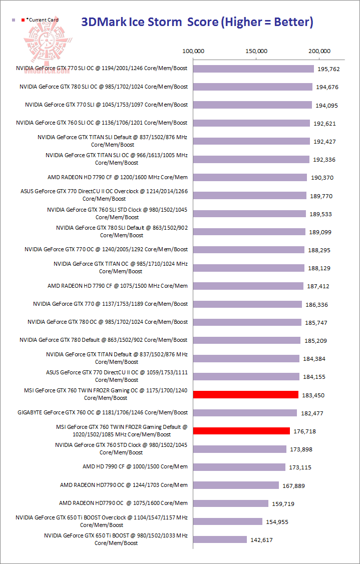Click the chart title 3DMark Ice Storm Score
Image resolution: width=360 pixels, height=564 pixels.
197,22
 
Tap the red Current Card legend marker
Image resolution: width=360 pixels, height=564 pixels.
23,20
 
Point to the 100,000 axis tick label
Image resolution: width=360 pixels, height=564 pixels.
193,51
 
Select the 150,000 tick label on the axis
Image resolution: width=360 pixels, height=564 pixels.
256,51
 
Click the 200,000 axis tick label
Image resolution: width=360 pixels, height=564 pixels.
319,51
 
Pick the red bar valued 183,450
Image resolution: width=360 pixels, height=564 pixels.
245,395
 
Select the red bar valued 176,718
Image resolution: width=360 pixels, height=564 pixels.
241,431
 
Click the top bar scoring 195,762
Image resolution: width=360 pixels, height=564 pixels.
253,69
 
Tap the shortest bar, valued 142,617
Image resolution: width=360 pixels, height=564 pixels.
220,539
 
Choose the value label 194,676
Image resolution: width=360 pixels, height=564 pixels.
327,87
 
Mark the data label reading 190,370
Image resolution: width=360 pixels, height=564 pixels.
321,178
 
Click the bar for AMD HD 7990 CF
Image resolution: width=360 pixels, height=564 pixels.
239,467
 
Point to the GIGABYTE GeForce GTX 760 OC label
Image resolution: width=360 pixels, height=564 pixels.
103,412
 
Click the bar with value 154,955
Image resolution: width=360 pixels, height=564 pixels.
227,521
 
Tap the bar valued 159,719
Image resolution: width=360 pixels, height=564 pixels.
230,503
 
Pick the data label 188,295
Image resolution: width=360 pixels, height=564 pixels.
319,250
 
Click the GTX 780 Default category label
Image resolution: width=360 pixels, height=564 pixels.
104,340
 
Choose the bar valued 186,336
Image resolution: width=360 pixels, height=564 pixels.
247,304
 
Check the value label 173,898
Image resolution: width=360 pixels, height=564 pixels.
301,449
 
